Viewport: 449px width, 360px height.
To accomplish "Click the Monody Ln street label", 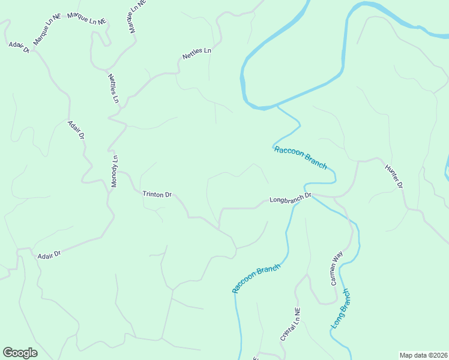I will coord(114,172).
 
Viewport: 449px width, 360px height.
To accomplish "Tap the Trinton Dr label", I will coord(157,194).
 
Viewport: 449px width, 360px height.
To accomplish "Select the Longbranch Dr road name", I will coord(291,197).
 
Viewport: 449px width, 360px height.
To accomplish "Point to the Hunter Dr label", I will coord(394,178).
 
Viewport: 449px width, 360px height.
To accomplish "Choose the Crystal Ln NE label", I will coord(291,325).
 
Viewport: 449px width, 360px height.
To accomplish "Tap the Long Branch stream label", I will coord(340,308).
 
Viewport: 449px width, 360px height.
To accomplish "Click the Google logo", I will coord(20,353).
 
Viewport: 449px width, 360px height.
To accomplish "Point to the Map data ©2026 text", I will coord(423,355).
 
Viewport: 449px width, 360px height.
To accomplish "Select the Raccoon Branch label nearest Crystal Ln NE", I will coord(256,278).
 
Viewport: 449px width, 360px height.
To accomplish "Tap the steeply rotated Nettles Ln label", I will coord(113,88).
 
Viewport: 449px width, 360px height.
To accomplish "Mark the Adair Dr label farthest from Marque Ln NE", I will coord(49,256).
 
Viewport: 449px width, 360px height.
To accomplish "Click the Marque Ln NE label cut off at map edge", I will coord(136,16).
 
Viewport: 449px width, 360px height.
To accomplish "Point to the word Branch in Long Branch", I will coord(343,300).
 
